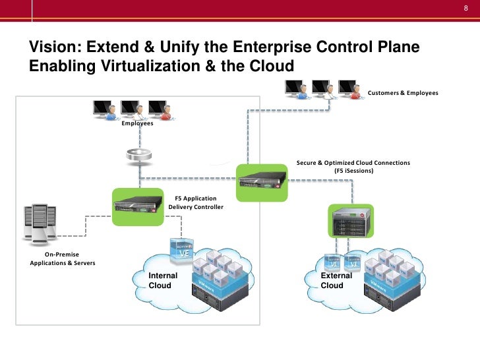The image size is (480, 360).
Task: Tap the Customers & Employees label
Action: (x=402, y=93)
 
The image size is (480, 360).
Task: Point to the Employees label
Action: (x=137, y=123)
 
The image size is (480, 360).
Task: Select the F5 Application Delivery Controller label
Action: (x=196, y=202)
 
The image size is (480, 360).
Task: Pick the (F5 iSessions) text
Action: (x=353, y=171)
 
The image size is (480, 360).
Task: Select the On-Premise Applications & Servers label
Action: (x=63, y=258)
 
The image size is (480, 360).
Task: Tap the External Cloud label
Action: (x=336, y=280)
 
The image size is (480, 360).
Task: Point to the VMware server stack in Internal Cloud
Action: (x=220, y=280)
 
